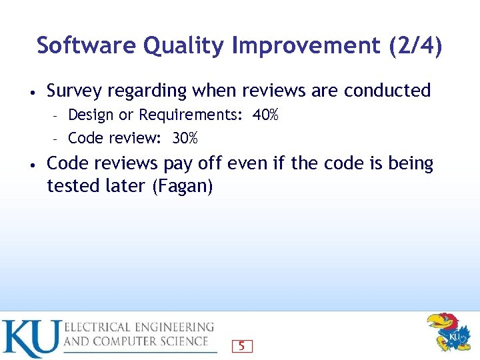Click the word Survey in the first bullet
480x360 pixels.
(x=75, y=91)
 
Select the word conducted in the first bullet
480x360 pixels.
(x=387, y=90)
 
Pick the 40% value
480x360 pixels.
(x=265, y=115)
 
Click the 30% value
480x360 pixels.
(x=185, y=138)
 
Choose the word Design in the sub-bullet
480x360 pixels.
(x=91, y=115)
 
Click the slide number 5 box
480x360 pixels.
(x=241, y=346)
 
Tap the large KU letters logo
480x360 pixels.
(x=31, y=339)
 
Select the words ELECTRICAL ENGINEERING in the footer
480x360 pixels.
(x=139, y=327)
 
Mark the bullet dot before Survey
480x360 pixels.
(x=31, y=91)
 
